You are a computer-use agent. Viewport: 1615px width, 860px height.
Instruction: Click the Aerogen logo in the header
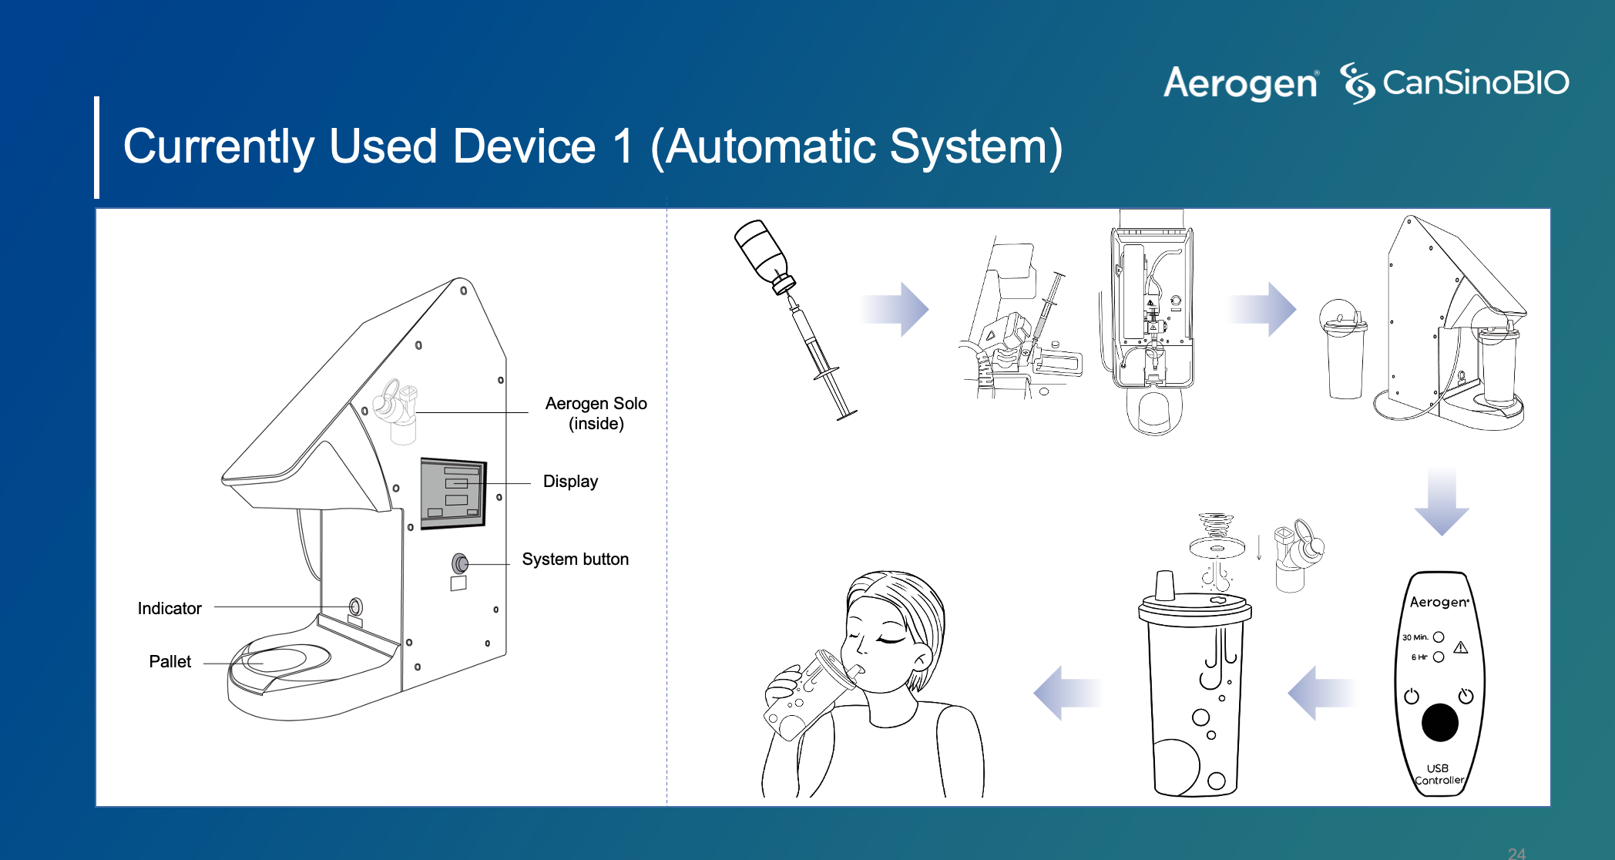tap(1241, 83)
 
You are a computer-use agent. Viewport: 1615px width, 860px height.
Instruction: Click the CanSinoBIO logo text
tap(1475, 83)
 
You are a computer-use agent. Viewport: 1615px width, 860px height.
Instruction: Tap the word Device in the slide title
tap(524, 146)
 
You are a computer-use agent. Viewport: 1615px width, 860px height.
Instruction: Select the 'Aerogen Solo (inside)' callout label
tap(596, 413)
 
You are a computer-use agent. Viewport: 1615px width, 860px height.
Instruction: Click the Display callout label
tap(570, 482)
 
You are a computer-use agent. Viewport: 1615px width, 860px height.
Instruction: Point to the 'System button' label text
tap(575, 559)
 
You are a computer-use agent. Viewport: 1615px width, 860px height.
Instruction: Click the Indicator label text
tap(170, 609)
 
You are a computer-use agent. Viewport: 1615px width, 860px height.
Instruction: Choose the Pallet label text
tap(170, 662)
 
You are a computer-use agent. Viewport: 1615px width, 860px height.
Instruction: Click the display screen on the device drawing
tap(453, 493)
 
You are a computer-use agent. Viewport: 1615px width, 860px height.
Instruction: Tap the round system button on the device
tap(460, 563)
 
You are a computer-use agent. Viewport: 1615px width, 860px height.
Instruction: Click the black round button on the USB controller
tap(1439, 723)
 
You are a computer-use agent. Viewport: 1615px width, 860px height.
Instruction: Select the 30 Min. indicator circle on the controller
tap(1439, 637)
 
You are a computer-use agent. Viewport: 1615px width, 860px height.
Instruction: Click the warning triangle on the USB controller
tap(1461, 647)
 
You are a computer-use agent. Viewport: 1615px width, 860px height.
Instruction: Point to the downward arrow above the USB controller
tap(1442, 501)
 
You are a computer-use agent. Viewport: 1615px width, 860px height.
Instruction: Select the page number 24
tap(1516, 853)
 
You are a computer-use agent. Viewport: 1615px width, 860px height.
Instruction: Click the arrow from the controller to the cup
tap(1321, 692)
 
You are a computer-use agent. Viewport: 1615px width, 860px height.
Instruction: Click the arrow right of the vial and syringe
tap(895, 308)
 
